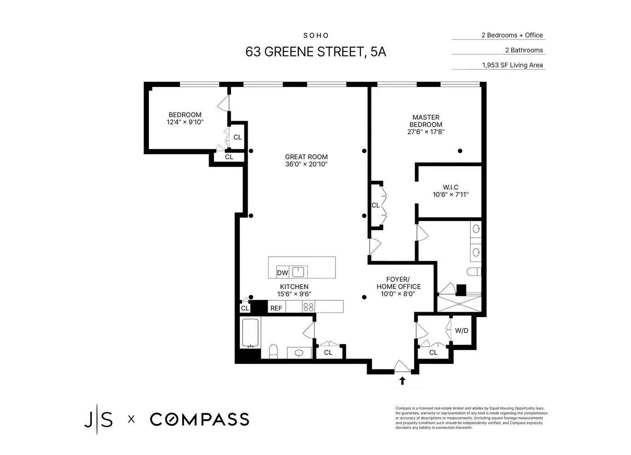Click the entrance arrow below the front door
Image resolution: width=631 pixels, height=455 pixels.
pyautogui.click(x=402, y=380)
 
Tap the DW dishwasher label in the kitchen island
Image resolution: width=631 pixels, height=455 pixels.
pyautogui.click(x=283, y=273)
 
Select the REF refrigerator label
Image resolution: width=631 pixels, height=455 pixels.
pyautogui.click(x=276, y=308)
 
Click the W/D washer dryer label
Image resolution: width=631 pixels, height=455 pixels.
pyautogui.click(x=462, y=330)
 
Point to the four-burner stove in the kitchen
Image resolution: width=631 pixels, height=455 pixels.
pyautogui.click(x=308, y=307)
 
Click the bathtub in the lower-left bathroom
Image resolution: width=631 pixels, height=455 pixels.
pyautogui.click(x=249, y=333)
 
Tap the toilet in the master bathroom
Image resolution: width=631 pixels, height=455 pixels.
pyautogui.click(x=474, y=272)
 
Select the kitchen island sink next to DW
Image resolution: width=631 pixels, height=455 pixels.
pyautogui.click(x=298, y=272)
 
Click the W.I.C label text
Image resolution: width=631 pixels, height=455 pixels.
pyautogui.click(x=450, y=187)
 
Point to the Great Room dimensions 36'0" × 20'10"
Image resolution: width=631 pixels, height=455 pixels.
pyautogui.click(x=306, y=164)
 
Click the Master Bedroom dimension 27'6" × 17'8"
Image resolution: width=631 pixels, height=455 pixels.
pyautogui.click(x=426, y=132)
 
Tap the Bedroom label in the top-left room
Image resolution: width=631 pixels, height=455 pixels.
pyautogui.click(x=185, y=115)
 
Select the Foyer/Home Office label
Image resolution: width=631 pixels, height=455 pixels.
pyautogui.click(x=398, y=283)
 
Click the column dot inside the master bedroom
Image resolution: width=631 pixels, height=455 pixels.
pyautogui.click(x=460, y=151)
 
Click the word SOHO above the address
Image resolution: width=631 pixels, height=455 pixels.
pyautogui.click(x=316, y=35)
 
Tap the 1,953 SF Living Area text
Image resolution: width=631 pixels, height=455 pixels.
pyautogui.click(x=512, y=65)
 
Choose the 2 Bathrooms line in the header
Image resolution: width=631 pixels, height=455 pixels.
pyautogui.click(x=524, y=50)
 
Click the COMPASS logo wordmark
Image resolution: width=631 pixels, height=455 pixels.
pyautogui.click(x=199, y=419)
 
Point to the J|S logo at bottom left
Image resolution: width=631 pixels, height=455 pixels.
pyautogui.click(x=98, y=419)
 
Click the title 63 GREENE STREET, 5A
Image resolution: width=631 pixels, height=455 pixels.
pyautogui.click(x=315, y=52)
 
